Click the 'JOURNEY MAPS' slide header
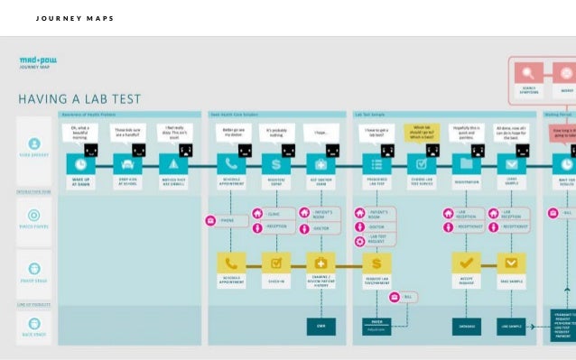coord(75,18)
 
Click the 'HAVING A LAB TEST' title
coord(79,98)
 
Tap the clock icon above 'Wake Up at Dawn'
coord(82,165)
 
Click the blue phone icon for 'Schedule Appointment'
coord(232,165)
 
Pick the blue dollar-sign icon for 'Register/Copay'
coord(276,165)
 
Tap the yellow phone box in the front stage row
coord(232,263)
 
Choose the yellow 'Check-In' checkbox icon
coord(276,263)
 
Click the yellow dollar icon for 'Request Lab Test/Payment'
coord(376,263)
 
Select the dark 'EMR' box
coord(321,326)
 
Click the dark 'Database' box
coord(466,326)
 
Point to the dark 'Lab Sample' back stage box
coord(512,326)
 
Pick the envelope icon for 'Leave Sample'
coord(512,165)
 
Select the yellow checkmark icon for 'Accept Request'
coord(466,263)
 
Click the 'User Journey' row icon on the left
coord(34,144)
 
